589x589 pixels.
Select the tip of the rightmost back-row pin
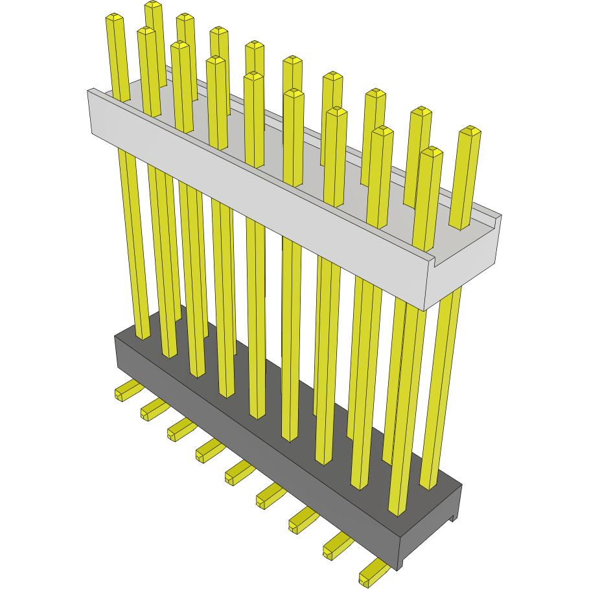pyautogui.click(x=470, y=130)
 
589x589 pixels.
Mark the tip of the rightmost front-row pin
pyautogui.click(x=432, y=152)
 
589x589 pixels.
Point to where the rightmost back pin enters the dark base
pyautogui.click(x=429, y=485)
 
